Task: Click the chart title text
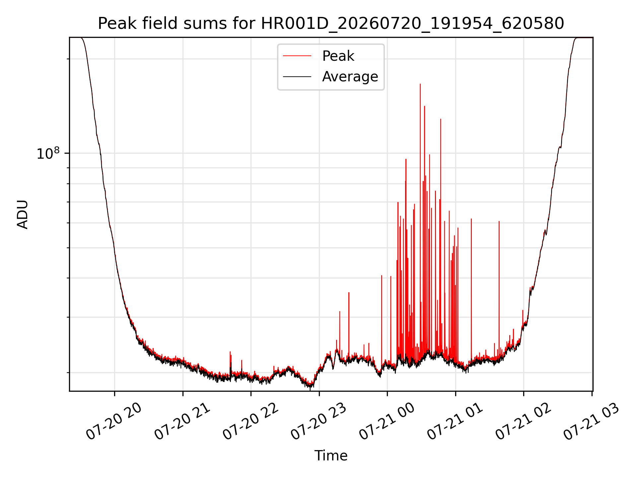pyautogui.click(x=331, y=24)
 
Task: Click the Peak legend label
pyautogui.click(x=338, y=56)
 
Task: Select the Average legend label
pyautogui.click(x=350, y=77)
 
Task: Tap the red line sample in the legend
pyautogui.click(x=297, y=56)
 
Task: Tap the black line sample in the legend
pyautogui.click(x=297, y=77)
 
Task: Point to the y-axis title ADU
pyautogui.click(x=23, y=214)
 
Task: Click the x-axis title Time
pyautogui.click(x=331, y=456)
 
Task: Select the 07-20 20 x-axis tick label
pyautogui.click(x=113, y=422)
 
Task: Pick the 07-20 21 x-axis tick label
pyautogui.click(x=182, y=422)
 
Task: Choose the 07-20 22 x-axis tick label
pyautogui.click(x=250, y=422)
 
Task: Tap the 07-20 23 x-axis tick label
pyautogui.click(x=318, y=422)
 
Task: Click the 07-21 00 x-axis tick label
pyautogui.click(x=387, y=422)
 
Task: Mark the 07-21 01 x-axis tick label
pyautogui.click(x=455, y=422)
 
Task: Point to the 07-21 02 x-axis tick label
pyautogui.click(x=523, y=422)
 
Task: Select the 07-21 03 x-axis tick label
pyautogui.click(x=591, y=422)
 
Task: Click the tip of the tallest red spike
pyautogui.click(x=420, y=84)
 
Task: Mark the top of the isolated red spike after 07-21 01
pyautogui.click(x=471, y=219)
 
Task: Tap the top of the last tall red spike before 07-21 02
pyautogui.click(x=499, y=221)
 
